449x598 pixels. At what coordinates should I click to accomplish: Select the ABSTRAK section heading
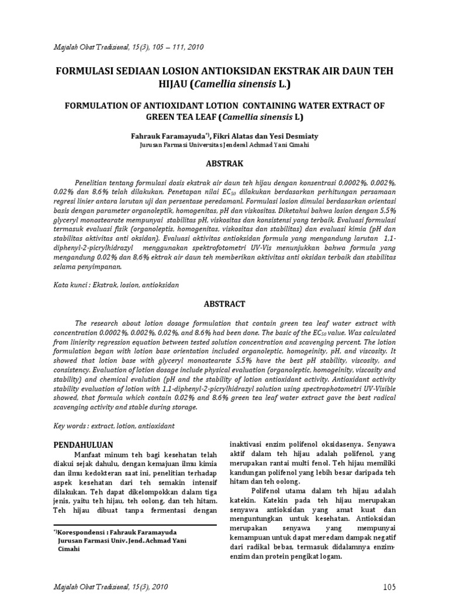(224, 163)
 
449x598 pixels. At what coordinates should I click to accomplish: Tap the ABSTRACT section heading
(224, 304)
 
